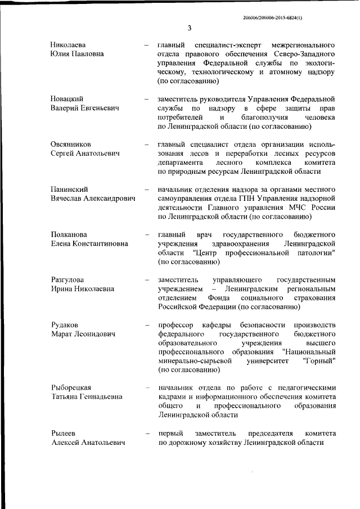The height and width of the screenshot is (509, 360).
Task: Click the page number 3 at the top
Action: coord(190,28)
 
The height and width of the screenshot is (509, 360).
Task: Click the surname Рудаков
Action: coord(64,325)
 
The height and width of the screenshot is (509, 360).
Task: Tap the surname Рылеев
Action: coord(62,433)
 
